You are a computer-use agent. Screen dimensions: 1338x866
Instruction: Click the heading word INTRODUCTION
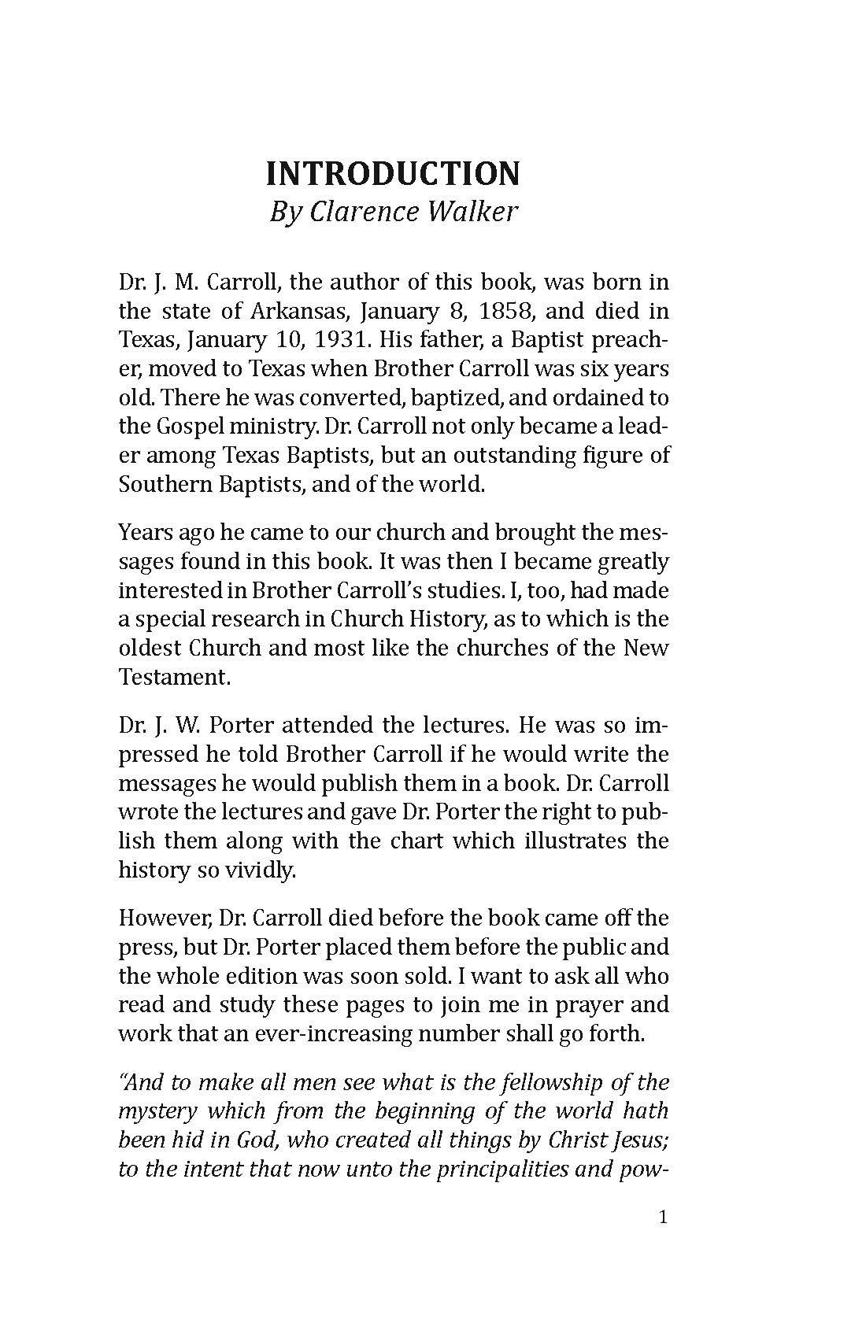pos(393,174)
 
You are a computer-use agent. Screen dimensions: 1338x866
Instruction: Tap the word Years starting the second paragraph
pos(144,533)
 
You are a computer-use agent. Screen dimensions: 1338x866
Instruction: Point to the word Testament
pos(174,678)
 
